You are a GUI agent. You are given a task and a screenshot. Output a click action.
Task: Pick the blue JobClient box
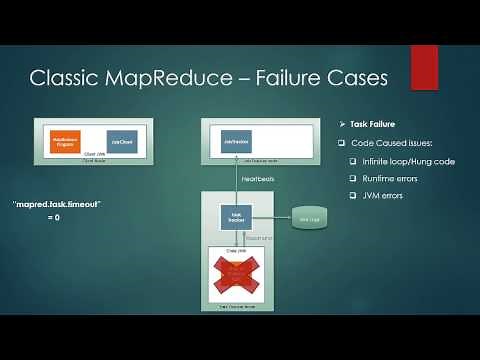click(x=120, y=142)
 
